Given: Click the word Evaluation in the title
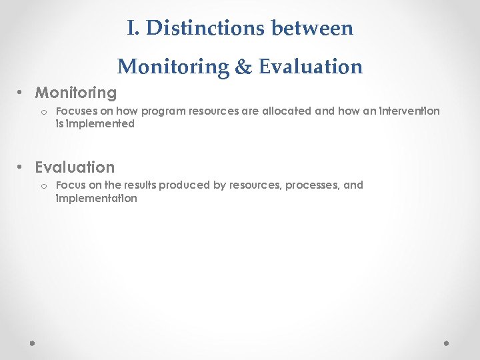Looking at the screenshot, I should pyautogui.click(x=311, y=67).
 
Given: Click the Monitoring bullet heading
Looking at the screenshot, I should pyautogui.click(x=75, y=93).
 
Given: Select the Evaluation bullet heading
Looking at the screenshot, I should pyautogui.click(x=75, y=167).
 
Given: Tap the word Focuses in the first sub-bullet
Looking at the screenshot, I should pyautogui.click(x=75, y=111).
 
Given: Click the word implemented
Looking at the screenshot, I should pyautogui.click(x=100, y=124).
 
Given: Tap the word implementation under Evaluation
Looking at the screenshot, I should pyautogui.click(x=97, y=199).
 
